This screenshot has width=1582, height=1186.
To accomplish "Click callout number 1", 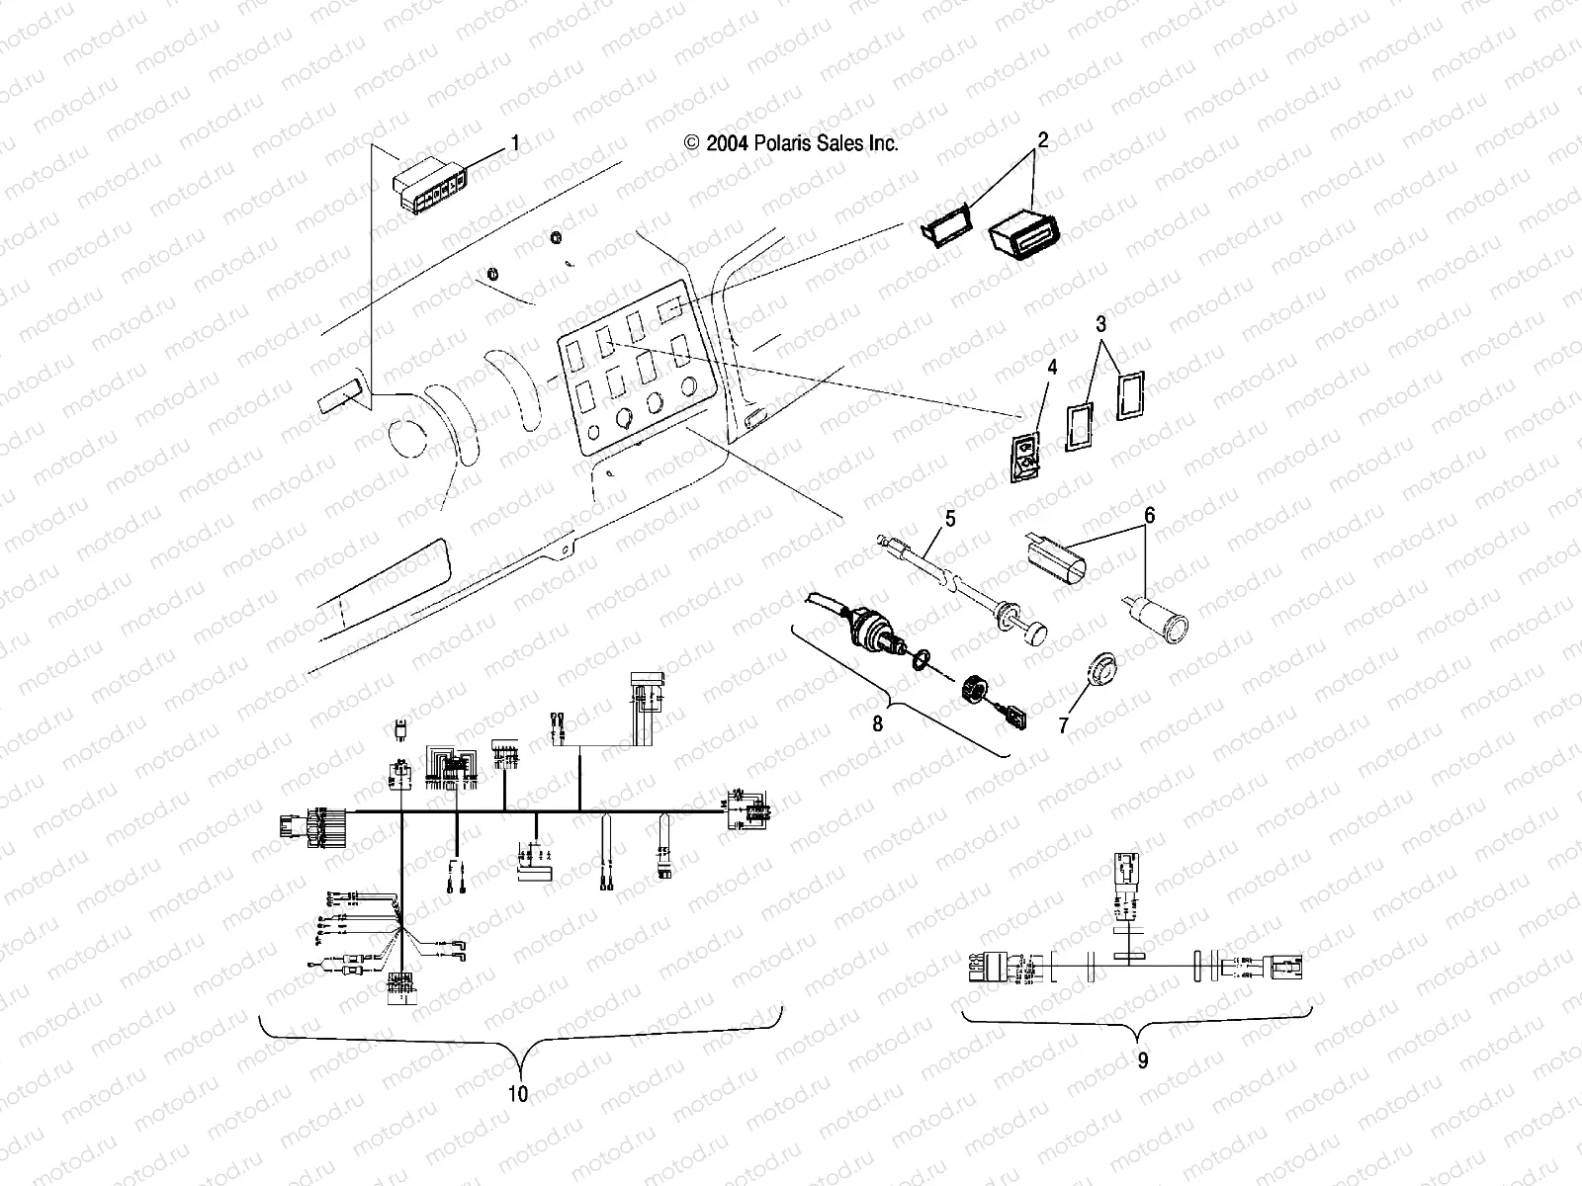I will click(514, 143).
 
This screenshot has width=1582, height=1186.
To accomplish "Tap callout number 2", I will click(1040, 140).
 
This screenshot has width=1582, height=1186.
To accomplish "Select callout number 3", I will click(1100, 323).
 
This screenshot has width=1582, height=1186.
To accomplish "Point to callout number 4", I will click(1052, 367).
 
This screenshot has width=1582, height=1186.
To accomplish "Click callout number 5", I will click(950, 516).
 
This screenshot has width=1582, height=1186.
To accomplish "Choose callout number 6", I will click(1149, 516).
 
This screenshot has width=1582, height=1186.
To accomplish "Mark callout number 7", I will click(1064, 726).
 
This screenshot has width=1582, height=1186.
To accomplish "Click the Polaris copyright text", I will click(791, 143).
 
